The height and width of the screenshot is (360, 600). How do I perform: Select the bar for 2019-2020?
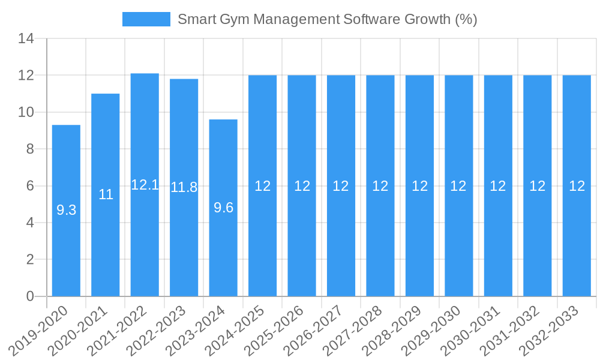pyautogui.click(x=66, y=240)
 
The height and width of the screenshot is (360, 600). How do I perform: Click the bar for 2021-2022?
pyautogui.click(x=145, y=240)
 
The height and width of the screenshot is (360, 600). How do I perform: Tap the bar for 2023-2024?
pyautogui.click(x=223, y=252)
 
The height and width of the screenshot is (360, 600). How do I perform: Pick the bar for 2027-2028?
pyautogui.click(x=380, y=240)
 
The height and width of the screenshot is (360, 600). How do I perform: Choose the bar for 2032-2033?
pyautogui.click(x=577, y=240)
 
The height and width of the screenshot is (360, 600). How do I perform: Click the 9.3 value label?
pyautogui.click(x=66, y=210)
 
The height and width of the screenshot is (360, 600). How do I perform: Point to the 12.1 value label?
pyautogui.click(x=145, y=185)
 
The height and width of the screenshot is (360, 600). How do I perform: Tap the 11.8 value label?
pyautogui.click(x=184, y=187)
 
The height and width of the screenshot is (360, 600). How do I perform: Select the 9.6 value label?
pyautogui.click(x=223, y=208)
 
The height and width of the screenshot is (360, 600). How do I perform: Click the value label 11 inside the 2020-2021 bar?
pyautogui.click(x=106, y=194)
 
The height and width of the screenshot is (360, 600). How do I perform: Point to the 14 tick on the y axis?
pyautogui.click(x=26, y=39)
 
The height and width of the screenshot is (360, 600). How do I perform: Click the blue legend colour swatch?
pyautogui.click(x=146, y=19)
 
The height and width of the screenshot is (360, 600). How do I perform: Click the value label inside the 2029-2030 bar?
pyautogui.click(x=458, y=186)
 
